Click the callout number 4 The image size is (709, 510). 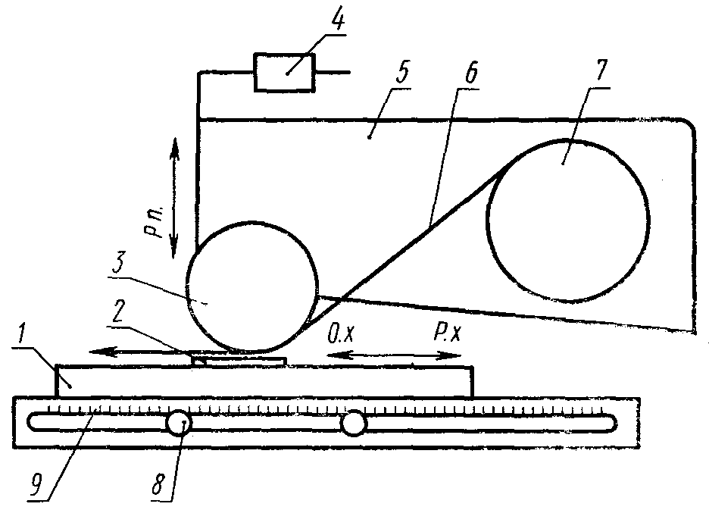pyautogui.click(x=337, y=22)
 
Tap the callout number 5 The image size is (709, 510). pyautogui.click(x=402, y=74)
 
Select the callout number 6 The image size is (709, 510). pyautogui.click(x=470, y=74)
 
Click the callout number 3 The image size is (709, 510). pyautogui.click(x=118, y=263)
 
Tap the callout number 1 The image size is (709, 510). pyautogui.click(x=20, y=334)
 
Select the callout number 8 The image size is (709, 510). pyautogui.click(x=158, y=486)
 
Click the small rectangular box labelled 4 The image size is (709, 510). pyautogui.click(x=284, y=73)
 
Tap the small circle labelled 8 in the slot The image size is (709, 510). pyautogui.click(x=179, y=423)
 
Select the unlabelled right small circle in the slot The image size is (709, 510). pyautogui.click(x=354, y=424)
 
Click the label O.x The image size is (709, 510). pyautogui.click(x=342, y=334)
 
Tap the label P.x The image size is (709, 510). pyautogui.click(x=447, y=333)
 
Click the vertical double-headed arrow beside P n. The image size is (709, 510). pyautogui.click(x=174, y=198)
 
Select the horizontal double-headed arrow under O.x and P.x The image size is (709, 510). pyautogui.click(x=393, y=356)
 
